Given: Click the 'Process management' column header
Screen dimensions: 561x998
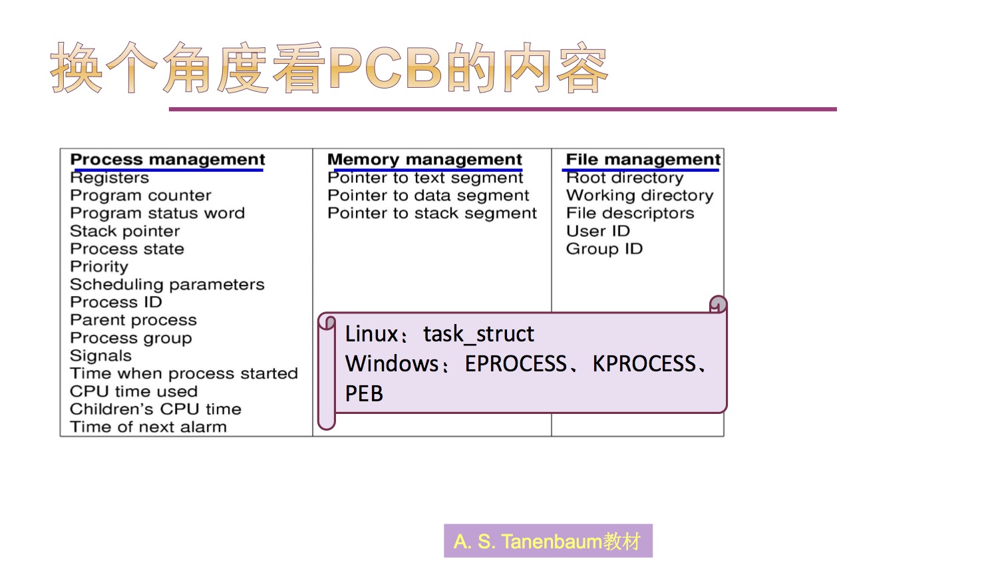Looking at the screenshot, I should coord(167,160).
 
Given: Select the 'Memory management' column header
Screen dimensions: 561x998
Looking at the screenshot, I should coord(424,160).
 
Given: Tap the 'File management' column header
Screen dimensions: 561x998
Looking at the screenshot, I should coord(643,160).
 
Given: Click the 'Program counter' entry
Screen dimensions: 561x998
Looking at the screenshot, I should coord(140,196).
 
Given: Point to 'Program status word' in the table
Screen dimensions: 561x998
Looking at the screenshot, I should coord(157,214).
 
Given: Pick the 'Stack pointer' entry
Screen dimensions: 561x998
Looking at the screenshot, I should coord(125,232).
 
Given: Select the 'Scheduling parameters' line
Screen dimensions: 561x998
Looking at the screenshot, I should coord(167,285).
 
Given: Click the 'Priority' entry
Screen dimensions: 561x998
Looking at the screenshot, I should coord(99,267).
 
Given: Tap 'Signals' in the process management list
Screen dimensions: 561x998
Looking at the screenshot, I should coord(100,356).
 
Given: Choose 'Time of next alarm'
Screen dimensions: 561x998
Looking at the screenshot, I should coord(148,427).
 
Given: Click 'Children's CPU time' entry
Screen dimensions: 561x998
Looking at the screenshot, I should coord(156,409).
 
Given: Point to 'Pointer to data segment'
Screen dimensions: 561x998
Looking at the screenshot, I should coord(428,196).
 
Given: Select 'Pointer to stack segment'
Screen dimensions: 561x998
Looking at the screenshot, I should coord(432,214).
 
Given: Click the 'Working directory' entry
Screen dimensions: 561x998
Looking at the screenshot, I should coord(639,196).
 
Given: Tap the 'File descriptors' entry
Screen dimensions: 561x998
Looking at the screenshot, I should coord(630,214).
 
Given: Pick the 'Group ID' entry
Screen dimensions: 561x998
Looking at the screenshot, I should coord(604,249).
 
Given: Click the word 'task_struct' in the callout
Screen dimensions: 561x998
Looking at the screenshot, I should coord(478,334).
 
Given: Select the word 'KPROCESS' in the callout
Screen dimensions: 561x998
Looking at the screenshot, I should coord(644,364).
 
